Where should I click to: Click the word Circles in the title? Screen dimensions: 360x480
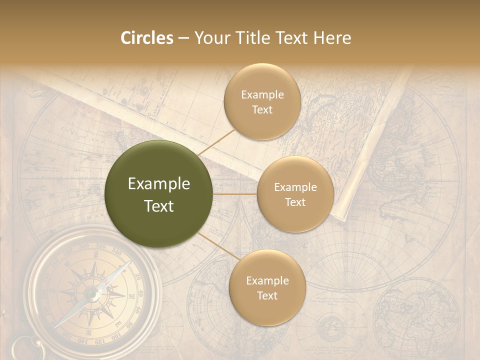coord(147,38)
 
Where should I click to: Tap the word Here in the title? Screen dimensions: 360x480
coord(331,38)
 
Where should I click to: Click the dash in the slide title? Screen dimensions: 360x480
coord(183,38)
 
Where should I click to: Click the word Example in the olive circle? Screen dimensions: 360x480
coord(159,184)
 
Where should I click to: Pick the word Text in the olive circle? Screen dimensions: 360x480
coord(159,206)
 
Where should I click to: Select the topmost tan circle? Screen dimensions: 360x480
coord(262,101)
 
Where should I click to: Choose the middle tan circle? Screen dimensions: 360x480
coord(295,194)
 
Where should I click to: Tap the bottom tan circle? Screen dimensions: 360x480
coord(267,287)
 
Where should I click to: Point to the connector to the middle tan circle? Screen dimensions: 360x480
coord(235,194)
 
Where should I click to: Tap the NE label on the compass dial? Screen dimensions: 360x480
coord(132,296)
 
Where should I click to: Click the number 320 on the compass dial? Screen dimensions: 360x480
coord(100,246)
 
